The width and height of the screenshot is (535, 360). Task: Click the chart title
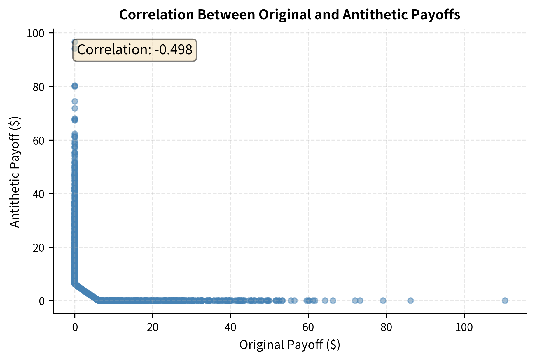tap(290, 15)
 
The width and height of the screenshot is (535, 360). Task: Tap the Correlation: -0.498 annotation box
tap(134, 50)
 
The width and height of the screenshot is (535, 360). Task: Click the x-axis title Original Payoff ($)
tap(290, 345)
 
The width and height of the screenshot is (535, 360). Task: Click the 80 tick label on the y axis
tap(39, 87)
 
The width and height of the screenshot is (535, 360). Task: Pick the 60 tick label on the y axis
tap(39, 141)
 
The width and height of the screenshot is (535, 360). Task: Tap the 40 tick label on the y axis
tap(39, 194)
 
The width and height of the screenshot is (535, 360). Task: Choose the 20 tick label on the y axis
tap(39, 248)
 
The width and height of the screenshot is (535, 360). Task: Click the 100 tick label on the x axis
tap(464, 327)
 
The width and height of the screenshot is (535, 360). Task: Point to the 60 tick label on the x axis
tap(308, 327)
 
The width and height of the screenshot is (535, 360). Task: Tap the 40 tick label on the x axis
tap(230, 327)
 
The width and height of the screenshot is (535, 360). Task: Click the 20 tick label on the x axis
tap(153, 327)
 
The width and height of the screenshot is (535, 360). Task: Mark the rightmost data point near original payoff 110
tap(505, 300)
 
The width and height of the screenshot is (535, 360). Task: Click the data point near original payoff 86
tap(410, 300)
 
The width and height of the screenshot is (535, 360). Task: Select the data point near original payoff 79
tap(383, 300)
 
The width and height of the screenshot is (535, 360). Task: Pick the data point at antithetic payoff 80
tap(75, 86)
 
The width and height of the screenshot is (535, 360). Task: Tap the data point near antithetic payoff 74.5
tap(75, 101)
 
